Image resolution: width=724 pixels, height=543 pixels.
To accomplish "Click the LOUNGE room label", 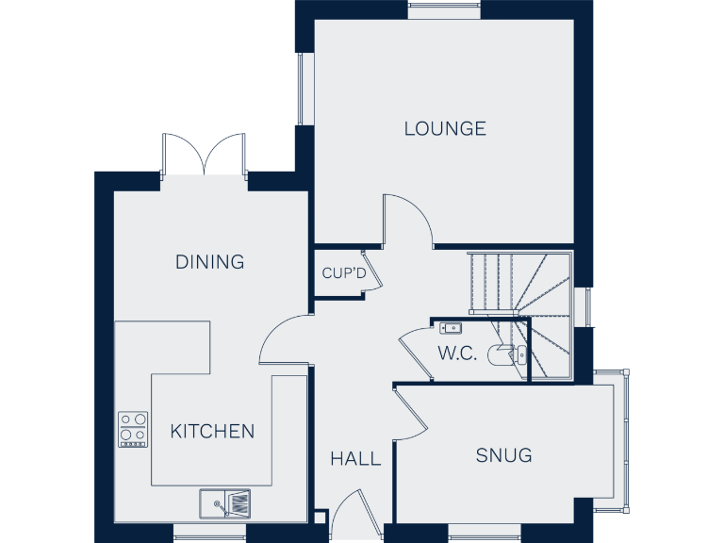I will click(445, 128).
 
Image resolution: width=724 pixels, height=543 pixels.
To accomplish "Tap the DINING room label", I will click(209, 262).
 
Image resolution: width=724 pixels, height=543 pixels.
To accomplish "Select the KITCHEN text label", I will click(212, 432).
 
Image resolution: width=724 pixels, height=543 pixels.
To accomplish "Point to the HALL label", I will click(355, 459).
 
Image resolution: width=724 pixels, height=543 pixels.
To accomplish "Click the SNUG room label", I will click(503, 456).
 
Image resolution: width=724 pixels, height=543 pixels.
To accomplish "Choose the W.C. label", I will click(455, 354).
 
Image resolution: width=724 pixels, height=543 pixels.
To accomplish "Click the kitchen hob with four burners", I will click(133, 429).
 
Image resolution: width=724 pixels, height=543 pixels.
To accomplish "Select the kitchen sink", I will click(224, 503).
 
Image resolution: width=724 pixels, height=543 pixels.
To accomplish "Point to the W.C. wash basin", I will click(450, 328).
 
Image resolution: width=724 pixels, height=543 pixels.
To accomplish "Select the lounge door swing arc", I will click(407, 220).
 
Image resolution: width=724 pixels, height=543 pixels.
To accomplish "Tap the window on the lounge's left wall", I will click(302, 89).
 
